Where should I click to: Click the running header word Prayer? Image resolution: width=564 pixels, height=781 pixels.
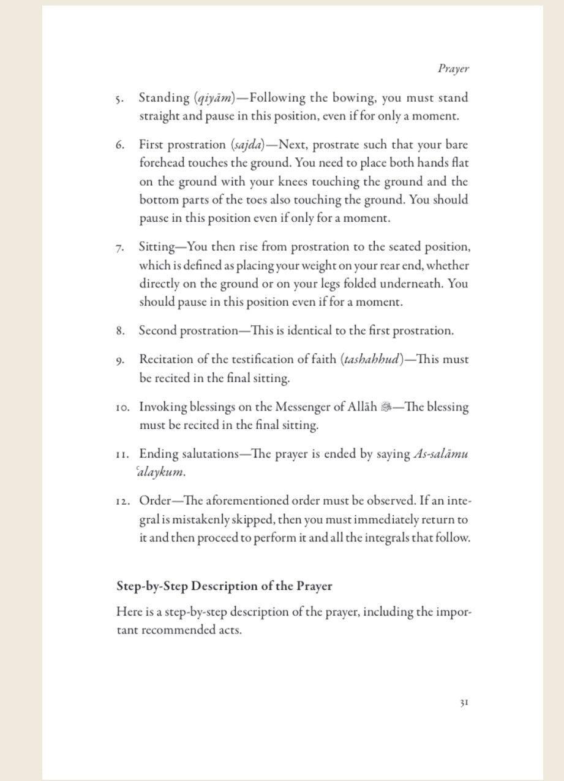pyautogui.click(x=453, y=69)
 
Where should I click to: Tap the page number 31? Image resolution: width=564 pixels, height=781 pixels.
pyautogui.click(x=464, y=703)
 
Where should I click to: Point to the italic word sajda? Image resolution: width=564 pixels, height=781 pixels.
pyautogui.click(x=247, y=145)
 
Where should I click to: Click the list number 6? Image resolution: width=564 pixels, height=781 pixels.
pyautogui.click(x=119, y=146)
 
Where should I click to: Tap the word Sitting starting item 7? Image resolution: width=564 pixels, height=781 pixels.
pyautogui.click(x=157, y=247)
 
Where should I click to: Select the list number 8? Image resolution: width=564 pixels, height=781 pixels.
pyautogui.click(x=119, y=331)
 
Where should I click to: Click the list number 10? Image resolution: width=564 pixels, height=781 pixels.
pyautogui.click(x=122, y=407)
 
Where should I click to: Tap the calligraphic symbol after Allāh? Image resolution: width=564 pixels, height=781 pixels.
pyautogui.click(x=386, y=407)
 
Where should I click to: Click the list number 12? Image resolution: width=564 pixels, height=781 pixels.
pyautogui.click(x=122, y=502)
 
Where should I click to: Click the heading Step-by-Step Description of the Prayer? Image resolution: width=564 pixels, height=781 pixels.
pyautogui.click(x=224, y=586)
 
